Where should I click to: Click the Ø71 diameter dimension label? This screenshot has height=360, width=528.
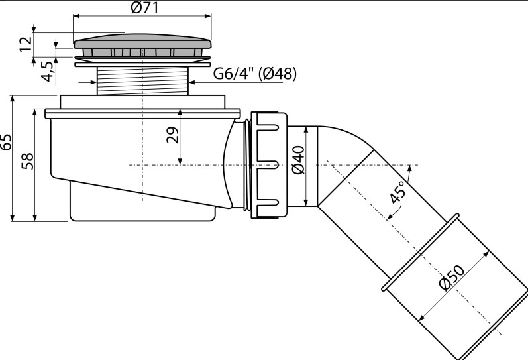[144, 8]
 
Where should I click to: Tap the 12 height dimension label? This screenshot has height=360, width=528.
[26, 44]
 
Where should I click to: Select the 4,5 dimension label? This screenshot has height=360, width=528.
[48, 72]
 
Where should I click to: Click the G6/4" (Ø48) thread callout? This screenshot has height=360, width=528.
[255, 73]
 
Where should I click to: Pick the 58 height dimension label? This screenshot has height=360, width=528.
[27, 161]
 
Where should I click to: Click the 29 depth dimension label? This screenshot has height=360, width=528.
[173, 135]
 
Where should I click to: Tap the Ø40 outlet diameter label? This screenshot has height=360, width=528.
[298, 160]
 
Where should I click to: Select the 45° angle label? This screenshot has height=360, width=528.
[397, 192]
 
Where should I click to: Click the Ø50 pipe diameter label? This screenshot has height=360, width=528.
[452, 277]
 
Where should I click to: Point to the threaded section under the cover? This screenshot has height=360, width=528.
[142, 81]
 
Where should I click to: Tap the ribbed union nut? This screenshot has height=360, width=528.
[269, 165]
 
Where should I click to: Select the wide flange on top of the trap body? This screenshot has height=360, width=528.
[142, 113]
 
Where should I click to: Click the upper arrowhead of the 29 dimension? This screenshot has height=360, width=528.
[180, 113]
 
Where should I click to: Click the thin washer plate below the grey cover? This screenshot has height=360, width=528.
[142, 64]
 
